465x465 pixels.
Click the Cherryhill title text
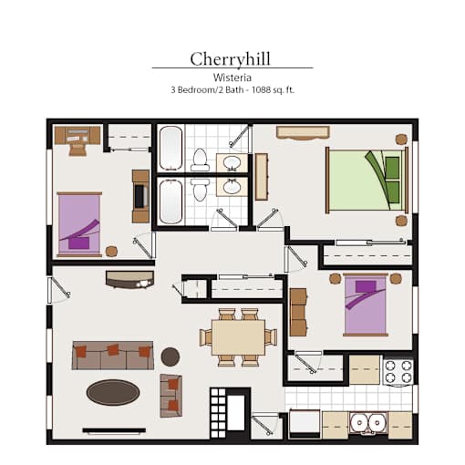point(230,59)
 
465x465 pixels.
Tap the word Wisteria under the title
point(232,77)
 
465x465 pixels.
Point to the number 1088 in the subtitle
point(261,90)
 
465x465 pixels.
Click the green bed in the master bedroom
point(367,180)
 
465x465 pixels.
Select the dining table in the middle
point(238,337)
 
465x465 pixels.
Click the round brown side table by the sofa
point(170,356)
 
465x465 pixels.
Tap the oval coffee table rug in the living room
point(113,392)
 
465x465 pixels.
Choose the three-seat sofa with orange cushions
point(113,356)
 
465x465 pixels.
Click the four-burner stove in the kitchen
point(398,372)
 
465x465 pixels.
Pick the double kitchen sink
point(368,423)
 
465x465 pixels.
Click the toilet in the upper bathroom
point(200,160)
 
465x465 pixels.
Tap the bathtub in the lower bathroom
point(170,201)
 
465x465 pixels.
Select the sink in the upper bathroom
point(232,162)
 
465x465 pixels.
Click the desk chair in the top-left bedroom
point(77,149)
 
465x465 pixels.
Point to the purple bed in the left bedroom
point(79,224)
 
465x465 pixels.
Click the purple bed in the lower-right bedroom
point(366,305)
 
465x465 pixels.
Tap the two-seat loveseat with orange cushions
point(171,396)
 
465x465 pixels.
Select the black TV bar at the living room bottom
point(114,430)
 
